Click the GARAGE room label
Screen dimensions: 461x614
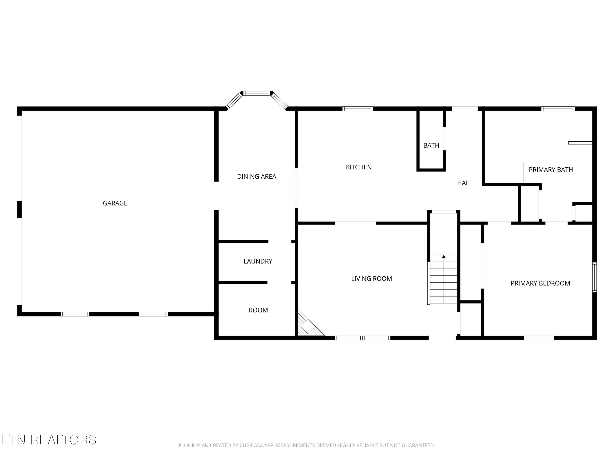point(115,203)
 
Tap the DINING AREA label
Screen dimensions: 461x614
point(256,176)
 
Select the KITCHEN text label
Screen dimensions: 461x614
point(359,167)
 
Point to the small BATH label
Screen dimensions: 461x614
point(431,145)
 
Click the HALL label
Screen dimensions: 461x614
point(465,183)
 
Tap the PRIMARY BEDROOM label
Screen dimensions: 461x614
point(540,283)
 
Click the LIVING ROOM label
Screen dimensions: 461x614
point(371,278)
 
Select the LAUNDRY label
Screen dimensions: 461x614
point(258,261)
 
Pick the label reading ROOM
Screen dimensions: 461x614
point(258,310)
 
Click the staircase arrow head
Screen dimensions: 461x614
point(444,256)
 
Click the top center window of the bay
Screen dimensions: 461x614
point(257,93)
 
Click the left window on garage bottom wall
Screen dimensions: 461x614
point(75,314)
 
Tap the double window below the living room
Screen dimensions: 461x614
point(362,338)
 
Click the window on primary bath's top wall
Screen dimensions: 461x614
point(558,109)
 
